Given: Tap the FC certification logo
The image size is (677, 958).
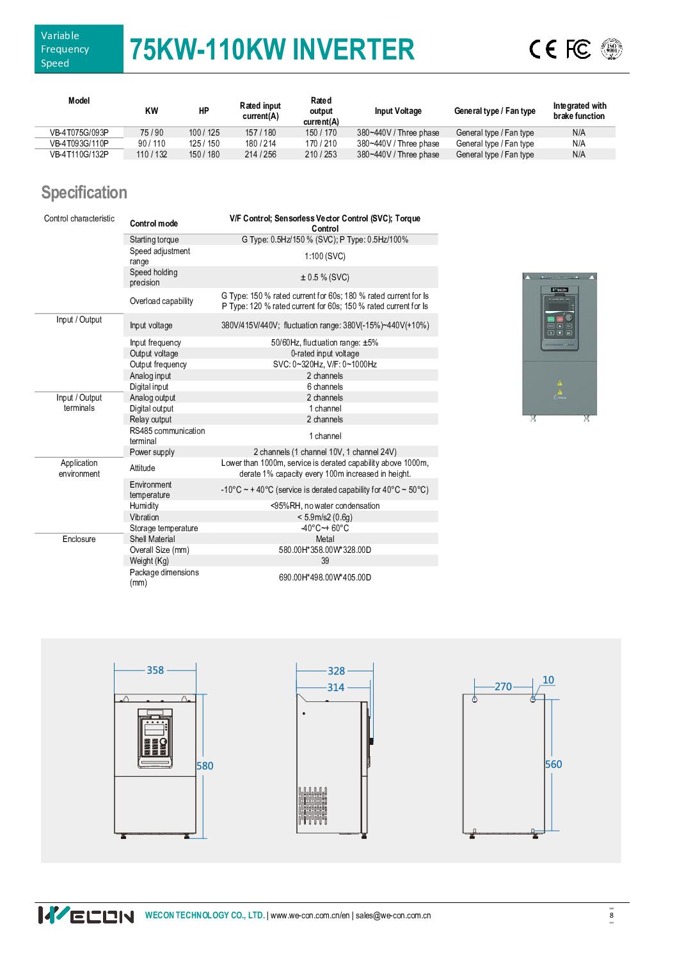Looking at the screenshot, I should click(x=578, y=49).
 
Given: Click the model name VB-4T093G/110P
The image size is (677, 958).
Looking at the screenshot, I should click(x=79, y=143).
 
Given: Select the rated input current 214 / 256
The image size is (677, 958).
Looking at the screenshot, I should click(x=260, y=154).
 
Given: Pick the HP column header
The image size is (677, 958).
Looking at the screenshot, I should click(x=204, y=111).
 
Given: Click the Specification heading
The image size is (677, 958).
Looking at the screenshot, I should click(x=84, y=193).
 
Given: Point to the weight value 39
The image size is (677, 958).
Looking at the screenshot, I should click(x=325, y=561).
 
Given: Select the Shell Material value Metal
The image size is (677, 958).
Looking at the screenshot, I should click(x=325, y=539).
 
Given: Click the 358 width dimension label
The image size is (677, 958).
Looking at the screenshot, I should click(x=155, y=670).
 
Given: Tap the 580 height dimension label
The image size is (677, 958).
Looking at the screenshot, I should click(x=205, y=765).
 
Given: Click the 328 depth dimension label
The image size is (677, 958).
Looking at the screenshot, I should click(x=336, y=671).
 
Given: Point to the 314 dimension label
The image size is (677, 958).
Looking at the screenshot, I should click(x=336, y=687).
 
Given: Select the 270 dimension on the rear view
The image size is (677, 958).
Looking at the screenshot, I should click(x=503, y=687).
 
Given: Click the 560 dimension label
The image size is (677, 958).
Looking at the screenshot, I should click(x=554, y=764).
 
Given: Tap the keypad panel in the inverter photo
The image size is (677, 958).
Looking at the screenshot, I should click(x=559, y=322).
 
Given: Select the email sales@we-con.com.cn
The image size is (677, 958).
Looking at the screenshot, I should click(x=393, y=915).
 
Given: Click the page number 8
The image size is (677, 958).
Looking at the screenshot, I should click(x=612, y=915).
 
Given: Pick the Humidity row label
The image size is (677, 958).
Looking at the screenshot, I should click(x=144, y=506).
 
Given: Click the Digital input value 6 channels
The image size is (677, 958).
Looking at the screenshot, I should click(x=325, y=387).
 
